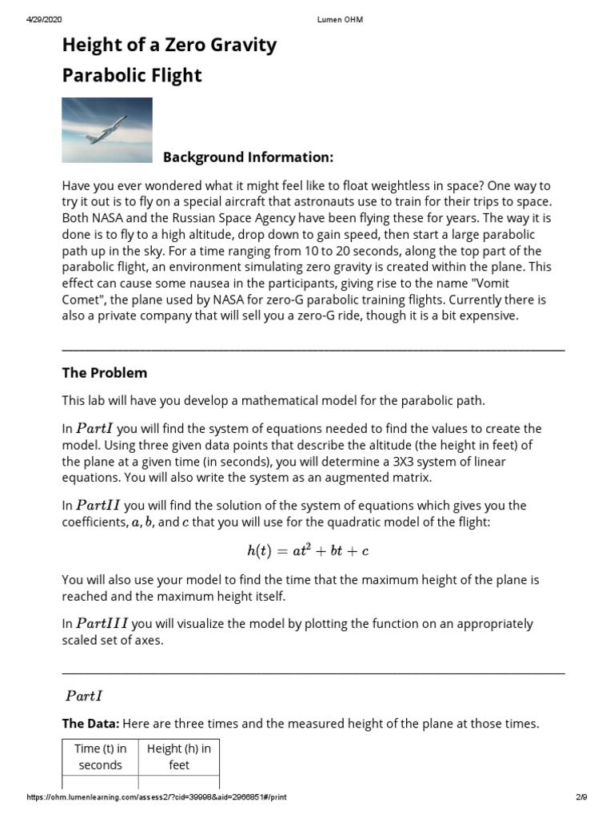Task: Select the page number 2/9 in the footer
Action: tap(581, 797)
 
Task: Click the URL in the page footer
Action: tap(156, 797)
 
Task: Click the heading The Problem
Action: tap(105, 373)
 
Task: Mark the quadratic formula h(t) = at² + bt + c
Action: tap(308, 551)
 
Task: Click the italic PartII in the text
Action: tap(99, 505)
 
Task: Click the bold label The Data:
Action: tap(90, 724)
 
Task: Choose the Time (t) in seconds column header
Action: tap(101, 756)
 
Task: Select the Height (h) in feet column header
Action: tap(179, 756)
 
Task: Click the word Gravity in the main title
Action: tap(241, 45)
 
